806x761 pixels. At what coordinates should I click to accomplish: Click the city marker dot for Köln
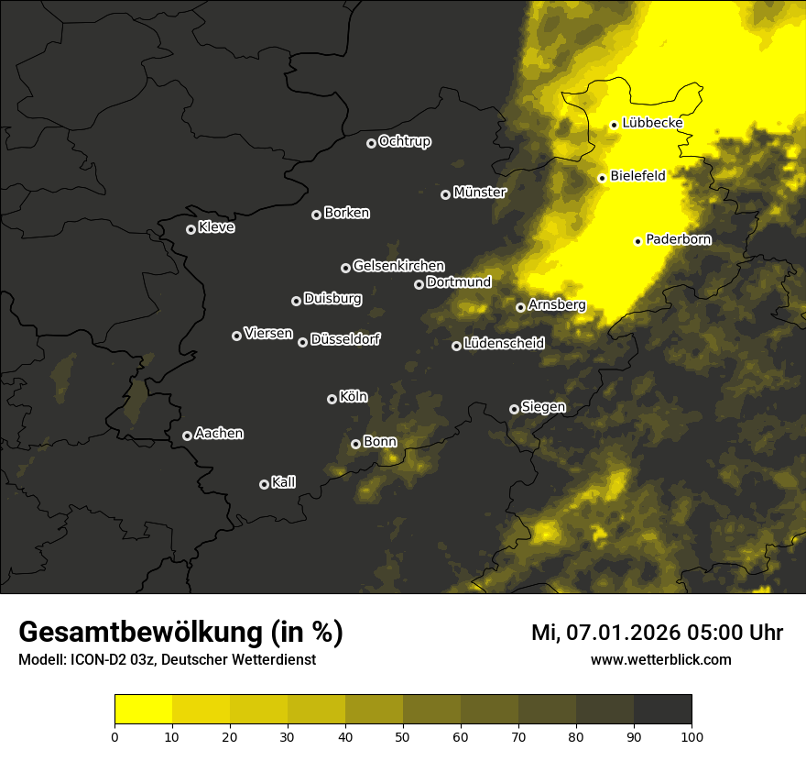pyautogui.click(x=332, y=399)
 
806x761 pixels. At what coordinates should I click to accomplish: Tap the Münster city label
pyautogui.click(x=480, y=193)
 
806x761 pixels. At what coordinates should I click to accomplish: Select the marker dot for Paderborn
pyautogui.click(x=637, y=241)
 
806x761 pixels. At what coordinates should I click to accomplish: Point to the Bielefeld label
pyautogui.click(x=638, y=176)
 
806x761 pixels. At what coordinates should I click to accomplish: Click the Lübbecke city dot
pyautogui.click(x=614, y=125)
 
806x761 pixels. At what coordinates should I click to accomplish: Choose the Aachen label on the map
pyautogui.click(x=219, y=434)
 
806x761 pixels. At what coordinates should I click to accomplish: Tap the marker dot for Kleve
pyautogui.click(x=191, y=229)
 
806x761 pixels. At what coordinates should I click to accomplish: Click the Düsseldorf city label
pyautogui.click(x=345, y=339)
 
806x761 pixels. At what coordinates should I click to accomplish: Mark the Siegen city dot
pyautogui.click(x=514, y=409)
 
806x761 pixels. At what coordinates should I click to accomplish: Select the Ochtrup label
pyautogui.click(x=404, y=141)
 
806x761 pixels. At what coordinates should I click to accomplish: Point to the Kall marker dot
pyautogui.click(x=264, y=484)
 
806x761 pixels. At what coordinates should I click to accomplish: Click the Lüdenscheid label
pyautogui.click(x=504, y=344)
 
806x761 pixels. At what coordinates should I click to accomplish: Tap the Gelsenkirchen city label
pyautogui.click(x=398, y=266)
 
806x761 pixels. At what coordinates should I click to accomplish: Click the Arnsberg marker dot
pyautogui.click(x=520, y=307)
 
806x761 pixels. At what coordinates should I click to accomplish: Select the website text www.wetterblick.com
pyautogui.click(x=661, y=659)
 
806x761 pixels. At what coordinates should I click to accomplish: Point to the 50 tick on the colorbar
pyautogui.click(x=403, y=735)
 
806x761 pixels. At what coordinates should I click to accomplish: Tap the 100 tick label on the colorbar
pyautogui.click(x=692, y=735)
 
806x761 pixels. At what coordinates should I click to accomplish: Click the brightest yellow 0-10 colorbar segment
pyautogui.click(x=143, y=709)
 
